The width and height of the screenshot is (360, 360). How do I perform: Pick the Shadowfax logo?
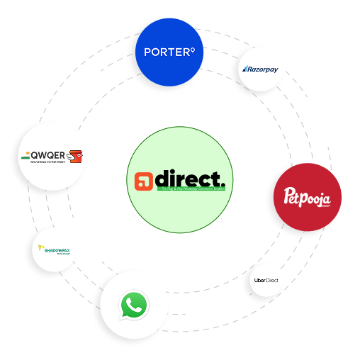pos(55,249)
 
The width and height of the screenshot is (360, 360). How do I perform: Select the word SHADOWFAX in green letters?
pos(57,249)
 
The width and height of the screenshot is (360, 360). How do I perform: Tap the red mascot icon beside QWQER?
pos(77,155)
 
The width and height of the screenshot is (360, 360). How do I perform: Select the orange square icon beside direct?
pos(145,181)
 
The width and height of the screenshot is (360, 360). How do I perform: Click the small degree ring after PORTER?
pos(191,50)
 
